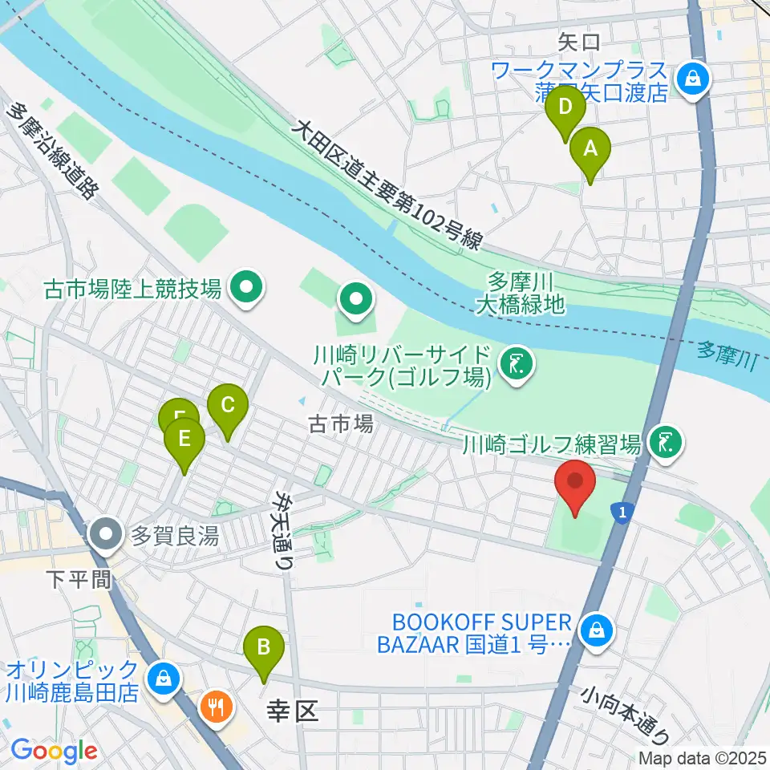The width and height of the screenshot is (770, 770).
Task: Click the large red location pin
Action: [x=575, y=483]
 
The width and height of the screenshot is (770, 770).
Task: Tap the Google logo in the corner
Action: [x=54, y=751]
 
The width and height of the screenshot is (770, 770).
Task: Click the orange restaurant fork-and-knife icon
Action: [x=214, y=707]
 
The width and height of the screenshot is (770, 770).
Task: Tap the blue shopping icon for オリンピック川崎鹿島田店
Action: [x=163, y=678]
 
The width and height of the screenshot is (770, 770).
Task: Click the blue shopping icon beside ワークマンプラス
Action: [x=690, y=79]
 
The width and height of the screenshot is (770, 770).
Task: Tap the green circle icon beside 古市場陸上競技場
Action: [x=245, y=288]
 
